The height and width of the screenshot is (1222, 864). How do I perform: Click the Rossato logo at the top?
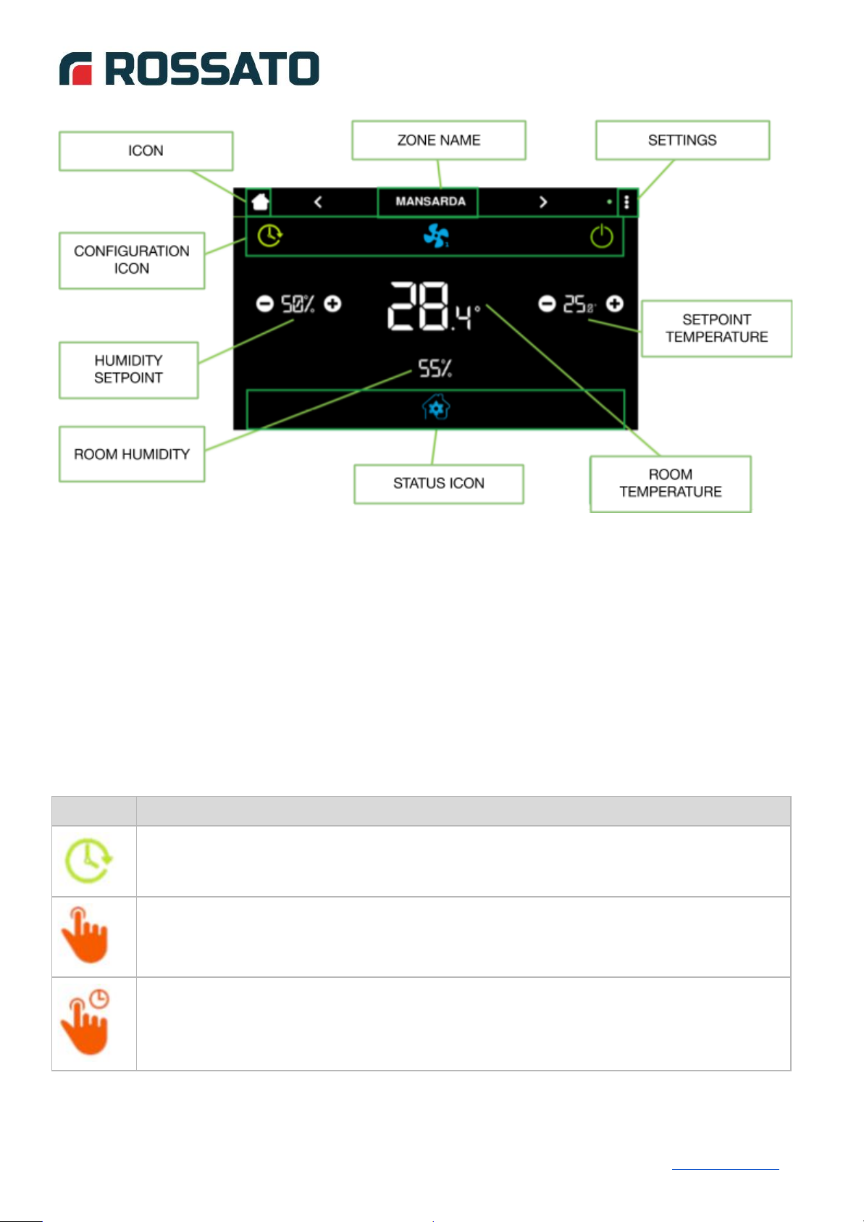click(189, 69)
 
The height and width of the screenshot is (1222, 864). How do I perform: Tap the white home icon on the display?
click(260, 202)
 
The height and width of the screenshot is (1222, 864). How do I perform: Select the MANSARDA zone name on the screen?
click(430, 202)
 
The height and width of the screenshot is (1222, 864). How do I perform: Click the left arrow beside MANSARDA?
click(318, 202)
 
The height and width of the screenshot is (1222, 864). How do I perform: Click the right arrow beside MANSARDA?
click(542, 202)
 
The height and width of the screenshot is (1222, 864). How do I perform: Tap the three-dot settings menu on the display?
click(626, 202)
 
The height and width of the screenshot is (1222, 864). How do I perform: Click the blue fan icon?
click(436, 235)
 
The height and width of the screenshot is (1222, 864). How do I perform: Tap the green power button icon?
click(602, 236)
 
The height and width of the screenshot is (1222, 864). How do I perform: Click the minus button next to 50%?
click(265, 304)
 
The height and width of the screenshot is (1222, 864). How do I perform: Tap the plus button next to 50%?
click(332, 304)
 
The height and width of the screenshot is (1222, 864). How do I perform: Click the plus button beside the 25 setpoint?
click(615, 304)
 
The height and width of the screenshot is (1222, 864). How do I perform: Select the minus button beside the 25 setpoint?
click(547, 304)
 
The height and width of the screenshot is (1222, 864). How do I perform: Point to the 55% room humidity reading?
click(435, 368)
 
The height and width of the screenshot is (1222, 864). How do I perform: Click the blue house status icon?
click(436, 407)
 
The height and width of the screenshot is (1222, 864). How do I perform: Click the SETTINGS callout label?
click(682, 141)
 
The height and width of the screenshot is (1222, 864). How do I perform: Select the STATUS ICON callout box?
click(439, 484)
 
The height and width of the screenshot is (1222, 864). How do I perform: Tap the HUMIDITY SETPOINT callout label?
click(129, 370)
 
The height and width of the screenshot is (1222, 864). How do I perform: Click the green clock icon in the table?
click(88, 861)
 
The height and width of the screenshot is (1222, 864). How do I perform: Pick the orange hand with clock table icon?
click(85, 1022)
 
